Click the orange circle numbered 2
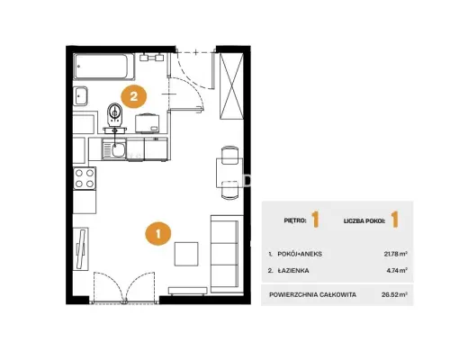coord(133,96)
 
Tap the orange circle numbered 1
coord(158,233)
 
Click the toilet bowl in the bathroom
coord(114,114)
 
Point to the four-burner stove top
coord(85,178)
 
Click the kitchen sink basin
coord(118,149)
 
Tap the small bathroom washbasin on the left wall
coord(81,95)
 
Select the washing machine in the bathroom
coord(147,123)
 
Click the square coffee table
coord(186,254)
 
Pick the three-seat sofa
coord(227,254)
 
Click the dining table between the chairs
coord(229,173)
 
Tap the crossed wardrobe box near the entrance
coord(231,86)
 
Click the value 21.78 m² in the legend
coord(396,254)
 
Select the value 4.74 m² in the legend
coord(397,270)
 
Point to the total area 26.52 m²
coord(394,294)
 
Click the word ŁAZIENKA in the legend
coord(293,271)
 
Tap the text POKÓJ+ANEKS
coord(300,254)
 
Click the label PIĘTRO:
coord(295,220)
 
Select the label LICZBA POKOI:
coord(364,221)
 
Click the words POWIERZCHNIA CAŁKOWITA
coord(312,294)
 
